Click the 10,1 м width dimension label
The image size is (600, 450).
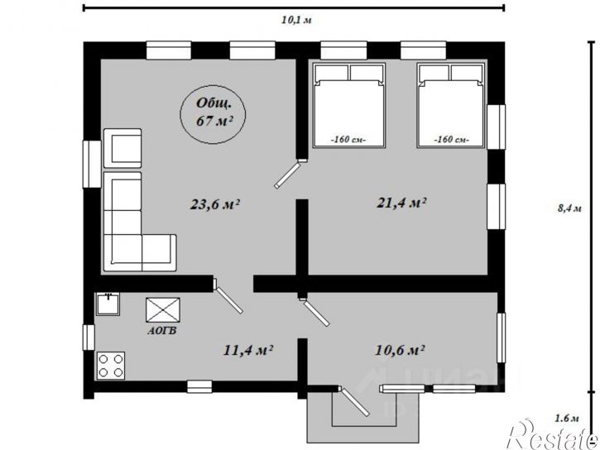click(x=296, y=20)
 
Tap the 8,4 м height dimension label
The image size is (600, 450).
click(x=569, y=208)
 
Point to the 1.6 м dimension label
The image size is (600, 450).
click(x=567, y=419)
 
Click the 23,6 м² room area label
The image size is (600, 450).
click(x=215, y=204)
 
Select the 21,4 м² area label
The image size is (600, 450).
click(x=401, y=203)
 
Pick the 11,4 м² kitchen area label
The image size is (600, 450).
click(x=247, y=350)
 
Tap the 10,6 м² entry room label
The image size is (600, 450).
click(x=400, y=349)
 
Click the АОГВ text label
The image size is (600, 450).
click(x=162, y=331)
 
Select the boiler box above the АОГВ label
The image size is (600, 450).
click(x=163, y=309)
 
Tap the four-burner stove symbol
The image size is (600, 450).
click(x=111, y=366)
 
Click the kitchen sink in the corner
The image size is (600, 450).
click(x=108, y=304)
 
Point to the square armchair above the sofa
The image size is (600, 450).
click(x=122, y=148)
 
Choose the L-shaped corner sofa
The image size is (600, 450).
click(x=122, y=252)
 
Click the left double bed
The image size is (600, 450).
click(x=348, y=105)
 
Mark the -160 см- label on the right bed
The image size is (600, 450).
click(x=452, y=140)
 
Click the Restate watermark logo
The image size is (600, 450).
click(x=553, y=435)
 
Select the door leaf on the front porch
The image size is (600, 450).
click(x=355, y=402)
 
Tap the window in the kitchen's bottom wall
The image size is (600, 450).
click(x=199, y=386)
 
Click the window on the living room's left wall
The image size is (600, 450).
click(x=92, y=164)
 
